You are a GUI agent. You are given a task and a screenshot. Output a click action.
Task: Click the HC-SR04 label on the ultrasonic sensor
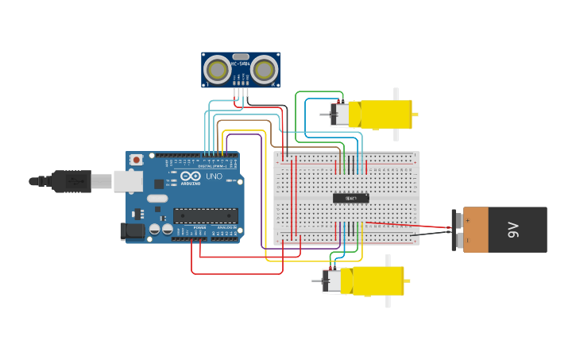pos(241,63)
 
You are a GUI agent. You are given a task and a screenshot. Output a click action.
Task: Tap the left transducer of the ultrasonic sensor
pos(217,70)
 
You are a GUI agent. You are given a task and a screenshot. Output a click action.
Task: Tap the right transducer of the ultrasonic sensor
pos(265,70)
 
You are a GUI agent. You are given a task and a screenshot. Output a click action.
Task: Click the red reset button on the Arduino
pos(137,160)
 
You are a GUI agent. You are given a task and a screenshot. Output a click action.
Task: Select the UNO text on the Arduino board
pos(214,176)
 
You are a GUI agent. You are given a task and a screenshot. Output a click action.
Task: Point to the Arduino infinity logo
pos(191,176)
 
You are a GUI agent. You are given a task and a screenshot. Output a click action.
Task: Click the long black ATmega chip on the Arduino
pos(205,215)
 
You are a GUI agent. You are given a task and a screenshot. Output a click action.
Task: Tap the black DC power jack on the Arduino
pos(133,231)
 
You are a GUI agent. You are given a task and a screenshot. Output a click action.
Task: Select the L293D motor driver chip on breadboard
pos(350,198)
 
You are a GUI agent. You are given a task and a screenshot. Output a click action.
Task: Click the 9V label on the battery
pos(513,230)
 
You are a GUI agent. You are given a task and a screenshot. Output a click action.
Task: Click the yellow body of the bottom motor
pos(376,281)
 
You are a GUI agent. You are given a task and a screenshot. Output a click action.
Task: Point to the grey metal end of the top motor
pos(339,114)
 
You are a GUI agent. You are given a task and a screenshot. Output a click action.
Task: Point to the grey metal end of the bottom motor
pos(332,281)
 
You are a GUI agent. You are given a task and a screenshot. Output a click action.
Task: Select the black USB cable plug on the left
pos(72,181)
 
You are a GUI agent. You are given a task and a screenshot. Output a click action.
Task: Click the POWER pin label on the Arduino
pos(199,227)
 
